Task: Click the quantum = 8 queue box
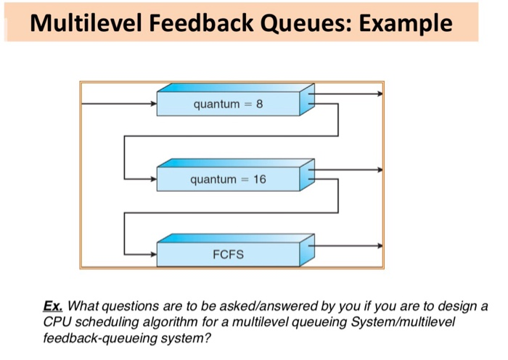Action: (x=228, y=105)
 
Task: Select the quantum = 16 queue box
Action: (x=228, y=179)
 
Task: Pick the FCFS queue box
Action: (x=228, y=255)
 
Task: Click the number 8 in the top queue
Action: (x=259, y=105)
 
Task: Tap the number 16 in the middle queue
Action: (x=259, y=179)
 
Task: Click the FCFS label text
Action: (x=228, y=255)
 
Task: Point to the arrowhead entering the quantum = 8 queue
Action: (x=153, y=105)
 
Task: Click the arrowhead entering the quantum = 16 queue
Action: (x=153, y=179)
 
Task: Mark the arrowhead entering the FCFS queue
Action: (x=153, y=255)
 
